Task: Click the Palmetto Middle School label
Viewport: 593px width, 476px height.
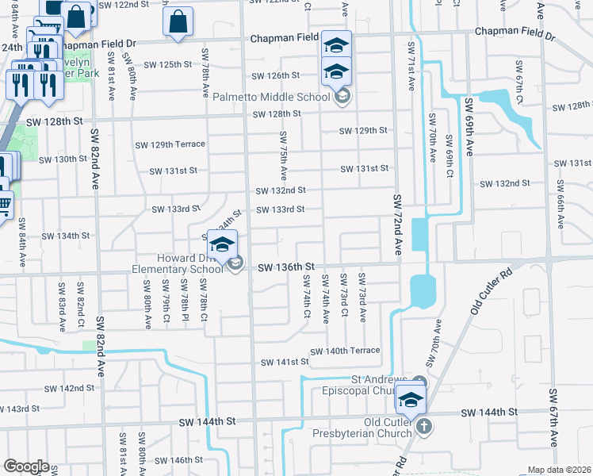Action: click(271, 98)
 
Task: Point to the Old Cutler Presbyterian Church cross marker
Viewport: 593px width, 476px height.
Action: click(424, 427)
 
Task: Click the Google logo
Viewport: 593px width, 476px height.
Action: click(27, 466)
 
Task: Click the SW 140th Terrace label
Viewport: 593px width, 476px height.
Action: click(345, 351)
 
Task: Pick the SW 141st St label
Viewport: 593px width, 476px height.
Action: click(285, 362)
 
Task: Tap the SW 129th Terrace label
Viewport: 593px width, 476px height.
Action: click(170, 144)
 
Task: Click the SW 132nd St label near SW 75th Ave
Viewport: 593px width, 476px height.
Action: click(281, 190)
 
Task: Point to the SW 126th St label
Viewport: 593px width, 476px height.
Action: click(276, 76)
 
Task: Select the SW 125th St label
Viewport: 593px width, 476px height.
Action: click(167, 63)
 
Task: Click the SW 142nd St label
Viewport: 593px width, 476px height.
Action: click(69, 388)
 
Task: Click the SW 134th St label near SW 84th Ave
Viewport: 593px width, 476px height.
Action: click(65, 236)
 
